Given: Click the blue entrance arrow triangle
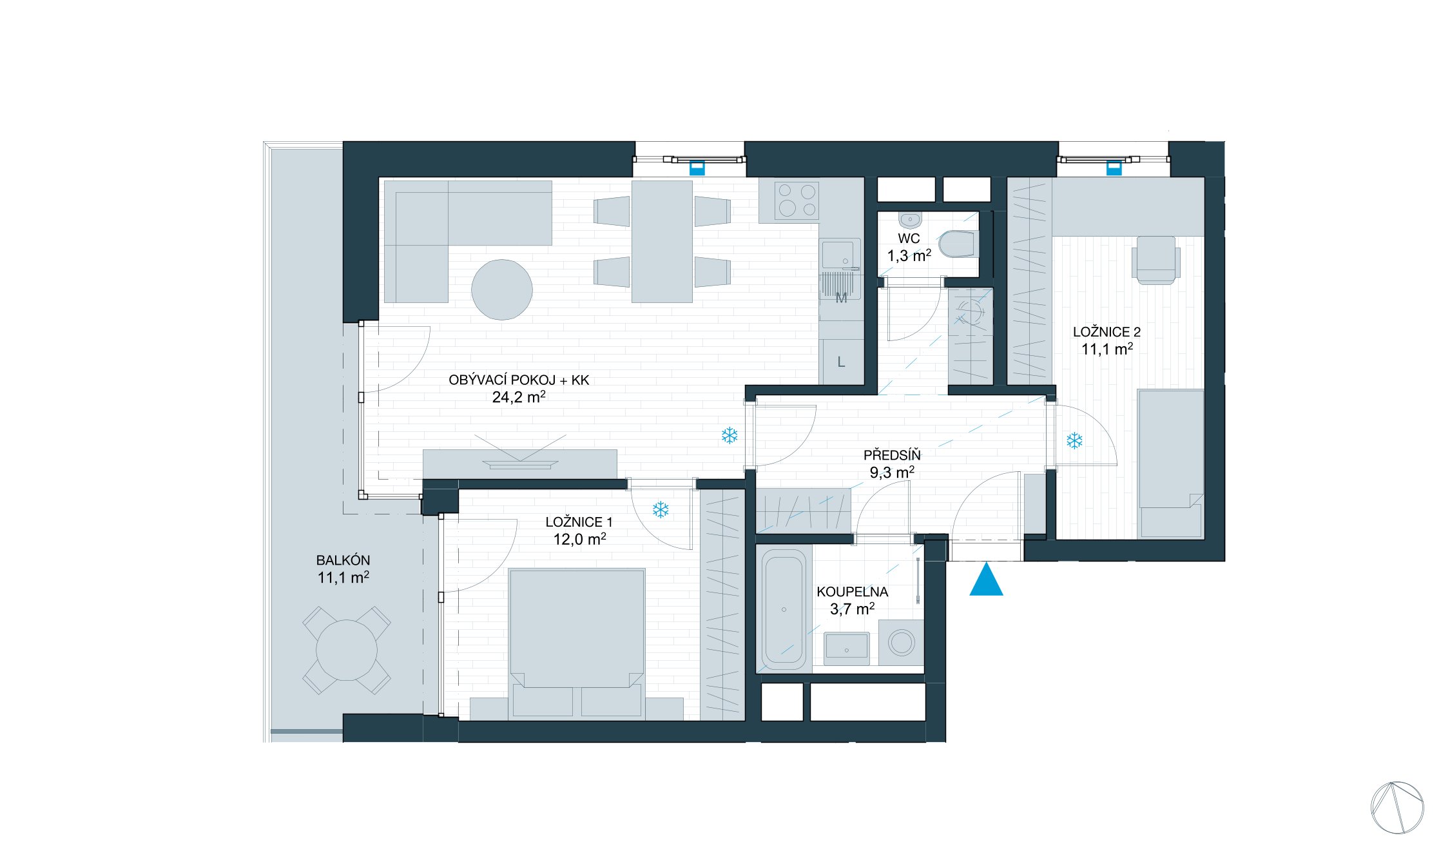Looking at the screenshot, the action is click(x=986, y=580).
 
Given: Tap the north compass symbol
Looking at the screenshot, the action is click(x=1397, y=808).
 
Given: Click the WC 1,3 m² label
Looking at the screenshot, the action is click(x=909, y=248).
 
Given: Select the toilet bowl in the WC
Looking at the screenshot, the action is click(x=958, y=244).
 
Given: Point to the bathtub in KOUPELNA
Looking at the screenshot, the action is click(x=784, y=610).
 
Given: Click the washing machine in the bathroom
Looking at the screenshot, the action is click(x=901, y=643).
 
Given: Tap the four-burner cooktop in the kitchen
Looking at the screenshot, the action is click(x=797, y=200).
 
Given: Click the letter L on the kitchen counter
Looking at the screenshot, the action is click(x=841, y=362).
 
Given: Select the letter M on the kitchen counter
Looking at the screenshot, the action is click(x=841, y=298).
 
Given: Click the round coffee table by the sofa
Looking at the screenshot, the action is click(x=502, y=289).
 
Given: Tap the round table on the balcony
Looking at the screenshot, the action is click(x=347, y=650).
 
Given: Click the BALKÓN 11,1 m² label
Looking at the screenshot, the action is click(x=343, y=569).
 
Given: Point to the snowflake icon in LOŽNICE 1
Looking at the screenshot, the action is click(x=661, y=510).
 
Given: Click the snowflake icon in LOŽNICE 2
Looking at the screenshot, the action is click(x=1074, y=441).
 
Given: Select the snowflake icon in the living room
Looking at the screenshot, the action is click(x=730, y=436).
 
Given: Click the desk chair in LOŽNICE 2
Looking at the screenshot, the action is click(x=1156, y=260).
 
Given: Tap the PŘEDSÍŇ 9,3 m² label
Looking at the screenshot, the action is click(x=892, y=464).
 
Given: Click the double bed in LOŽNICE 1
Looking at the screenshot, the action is click(x=577, y=643).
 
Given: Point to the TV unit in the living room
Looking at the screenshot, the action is click(x=519, y=464).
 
